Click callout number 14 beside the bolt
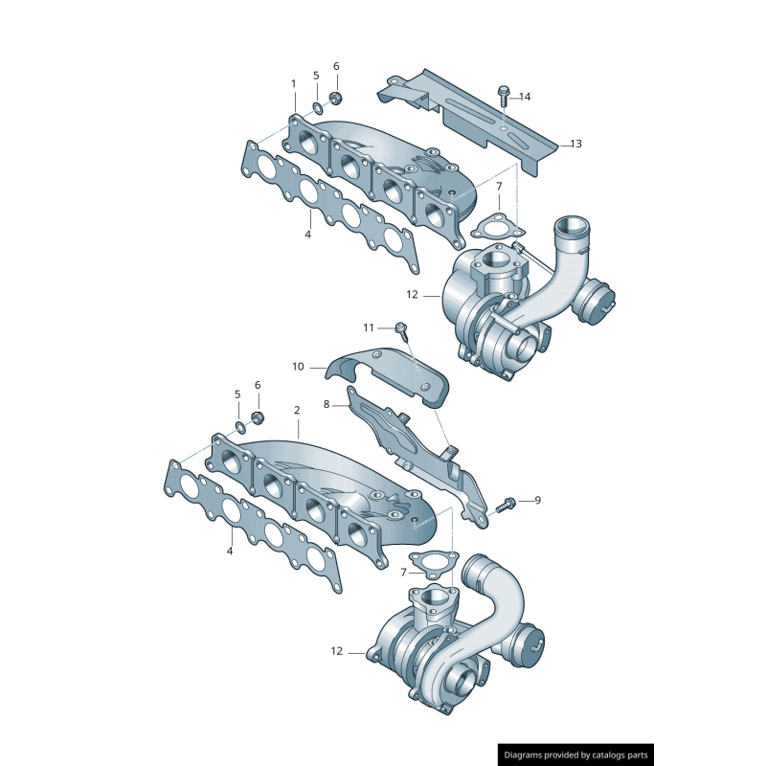(x=525, y=97)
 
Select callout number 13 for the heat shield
(x=575, y=144)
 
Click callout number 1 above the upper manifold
(x=294, y=83)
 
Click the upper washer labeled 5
(x=316, y=103)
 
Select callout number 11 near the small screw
(x=370, y=327)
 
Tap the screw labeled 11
(x=402, y=330)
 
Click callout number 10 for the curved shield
(x=298, y=366)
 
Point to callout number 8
(x=327, y=404)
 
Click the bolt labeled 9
(x=507, y=503)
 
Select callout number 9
(x=537, y=499)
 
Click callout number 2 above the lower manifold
(x=297, y=410)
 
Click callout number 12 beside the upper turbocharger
(x=413, y=295)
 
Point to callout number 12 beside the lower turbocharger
(x=336, y=651)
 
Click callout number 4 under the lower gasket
(x=230, y=551)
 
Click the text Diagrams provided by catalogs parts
(x=575, y=755)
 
